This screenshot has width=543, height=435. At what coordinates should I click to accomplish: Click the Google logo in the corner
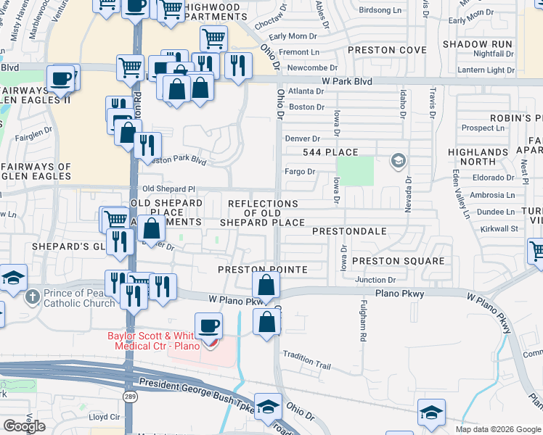pyautogui.click(x=24, y=426)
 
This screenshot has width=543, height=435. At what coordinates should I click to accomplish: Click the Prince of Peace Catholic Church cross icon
pyautogui.click(x=32, y=297)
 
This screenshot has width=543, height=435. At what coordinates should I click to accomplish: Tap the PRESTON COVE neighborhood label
pyautogui.click(x=387, y=50)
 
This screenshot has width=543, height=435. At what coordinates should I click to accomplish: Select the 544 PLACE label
pyautogui.click(x=331, y=152)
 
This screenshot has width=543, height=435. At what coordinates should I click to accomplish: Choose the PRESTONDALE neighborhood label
pyautogui.click(x=348, y=231)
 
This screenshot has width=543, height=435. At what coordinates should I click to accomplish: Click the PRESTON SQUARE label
pyautogui.click(x=398, y=261)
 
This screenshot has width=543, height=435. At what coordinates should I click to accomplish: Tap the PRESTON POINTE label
pyautogui.click(x=264, y=269)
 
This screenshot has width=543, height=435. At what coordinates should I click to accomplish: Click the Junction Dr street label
pyautogui.click(x=375, y=280)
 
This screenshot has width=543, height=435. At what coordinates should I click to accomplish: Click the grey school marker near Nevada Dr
pyautogui.click(x=397, y=160)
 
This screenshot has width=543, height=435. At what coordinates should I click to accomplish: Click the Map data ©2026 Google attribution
pyautogui.click(x=498, y=429)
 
